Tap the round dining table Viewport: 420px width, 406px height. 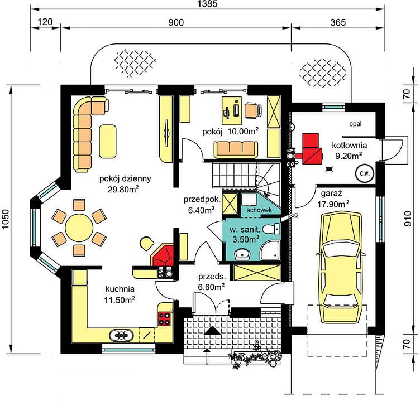pyautogui.click(x=79, y=228)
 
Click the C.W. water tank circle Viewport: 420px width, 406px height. pyautogui.click(x=365, y=173)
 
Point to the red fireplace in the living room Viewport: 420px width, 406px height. pyautogui.click(x=164, y=255)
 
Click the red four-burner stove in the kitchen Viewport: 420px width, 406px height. pyautogui.click(x=164, y=318)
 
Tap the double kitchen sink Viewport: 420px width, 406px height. pyautogui.click(x=121, y=335)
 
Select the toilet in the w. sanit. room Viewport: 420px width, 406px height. pyautogui.click(x=270, y=229)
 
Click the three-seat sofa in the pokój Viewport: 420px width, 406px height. pyautogui.click(x=236, y=149)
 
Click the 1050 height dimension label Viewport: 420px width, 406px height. pyautogui.click(x=6, y=219)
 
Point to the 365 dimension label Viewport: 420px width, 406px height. pyautogui.click(x=338, y=22)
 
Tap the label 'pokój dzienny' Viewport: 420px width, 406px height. pyautogui.click(x=125, y=178)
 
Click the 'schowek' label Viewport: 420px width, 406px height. pyautogui.click(x=259, y=210)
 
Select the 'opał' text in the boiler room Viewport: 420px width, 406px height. pyautogui.click(x=355, y=124)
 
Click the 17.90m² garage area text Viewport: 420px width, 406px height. pyautogui.click(x=333, y=204)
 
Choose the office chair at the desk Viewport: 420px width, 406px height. pyautogui.click(x=252, y=110)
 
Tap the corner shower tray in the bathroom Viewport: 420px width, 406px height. pyautogui.click(x=270, y=250)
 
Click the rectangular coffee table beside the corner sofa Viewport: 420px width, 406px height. pyautogui.click(x=108, y=141)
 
